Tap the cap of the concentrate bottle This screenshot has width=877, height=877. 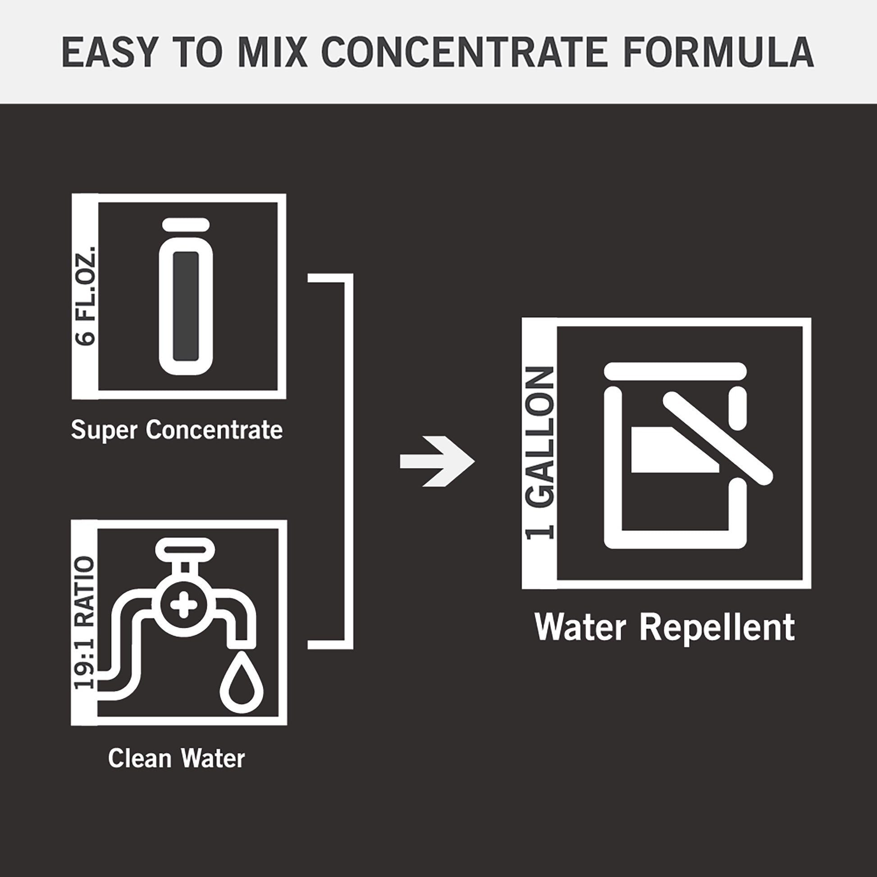point(186,224)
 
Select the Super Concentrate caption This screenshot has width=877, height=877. point(177,429)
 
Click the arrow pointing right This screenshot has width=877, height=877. point(437,461)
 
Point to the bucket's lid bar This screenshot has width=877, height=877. point(675,370)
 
